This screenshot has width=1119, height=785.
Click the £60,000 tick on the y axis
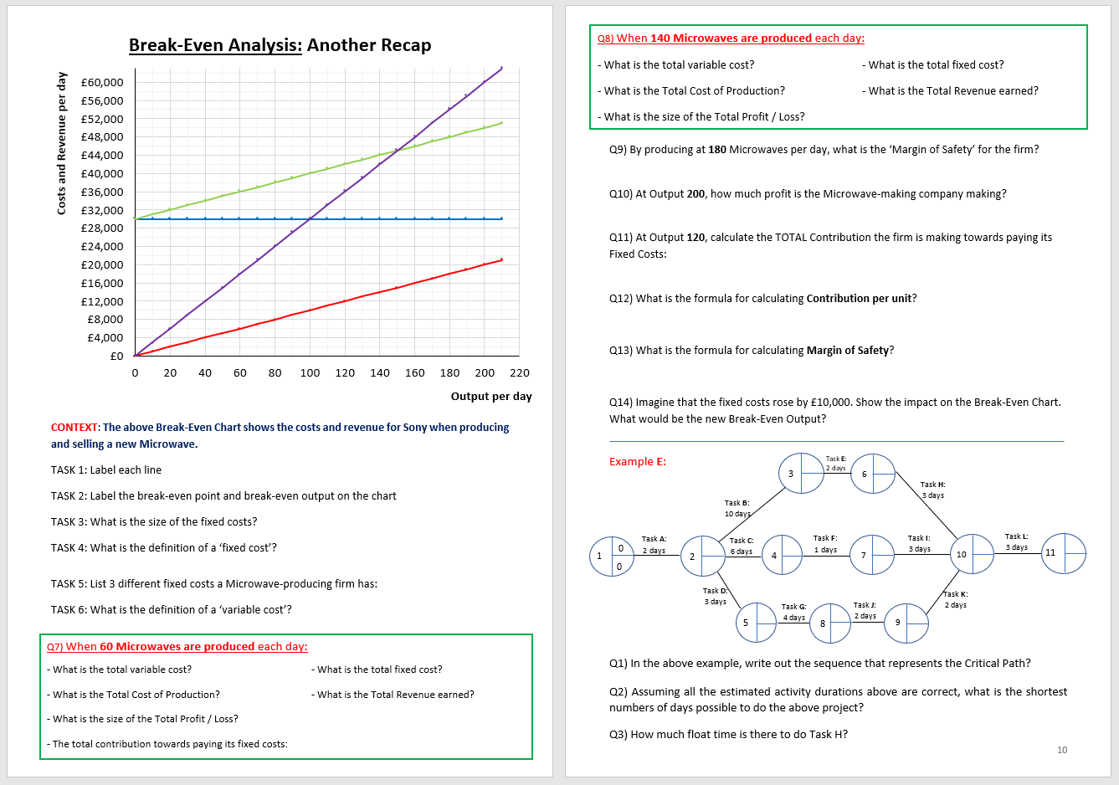click(102, 82)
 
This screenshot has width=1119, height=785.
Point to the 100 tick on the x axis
click(310, 373)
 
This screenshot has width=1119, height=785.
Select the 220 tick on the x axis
click(520, 373)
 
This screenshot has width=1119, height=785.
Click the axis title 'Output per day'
click(491, 397)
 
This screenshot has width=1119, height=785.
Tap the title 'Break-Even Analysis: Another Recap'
click(280, 45)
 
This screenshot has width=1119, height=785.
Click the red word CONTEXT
click(74, 428)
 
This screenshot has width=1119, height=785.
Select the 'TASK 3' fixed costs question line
click(154, 522)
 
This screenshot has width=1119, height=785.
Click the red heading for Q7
click(177, 647)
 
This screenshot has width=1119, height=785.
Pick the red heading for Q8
click(731, 38)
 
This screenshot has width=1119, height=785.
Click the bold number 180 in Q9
click(717, 150)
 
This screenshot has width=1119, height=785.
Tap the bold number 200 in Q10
click(696, 194)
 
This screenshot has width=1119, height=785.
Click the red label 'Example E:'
click(638, 462)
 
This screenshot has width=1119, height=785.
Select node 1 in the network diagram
click(612, 557)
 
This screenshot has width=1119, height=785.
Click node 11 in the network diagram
click(1064, 553)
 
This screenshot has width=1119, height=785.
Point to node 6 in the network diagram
click(873, 475)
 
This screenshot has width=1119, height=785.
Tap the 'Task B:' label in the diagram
click(737, 503)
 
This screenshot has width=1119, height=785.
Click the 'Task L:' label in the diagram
click(1016, 536)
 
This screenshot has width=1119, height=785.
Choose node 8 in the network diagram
click(830, 623)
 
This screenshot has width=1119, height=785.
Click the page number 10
click(1062, 750)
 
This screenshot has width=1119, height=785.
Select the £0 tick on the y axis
click(117, 357)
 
